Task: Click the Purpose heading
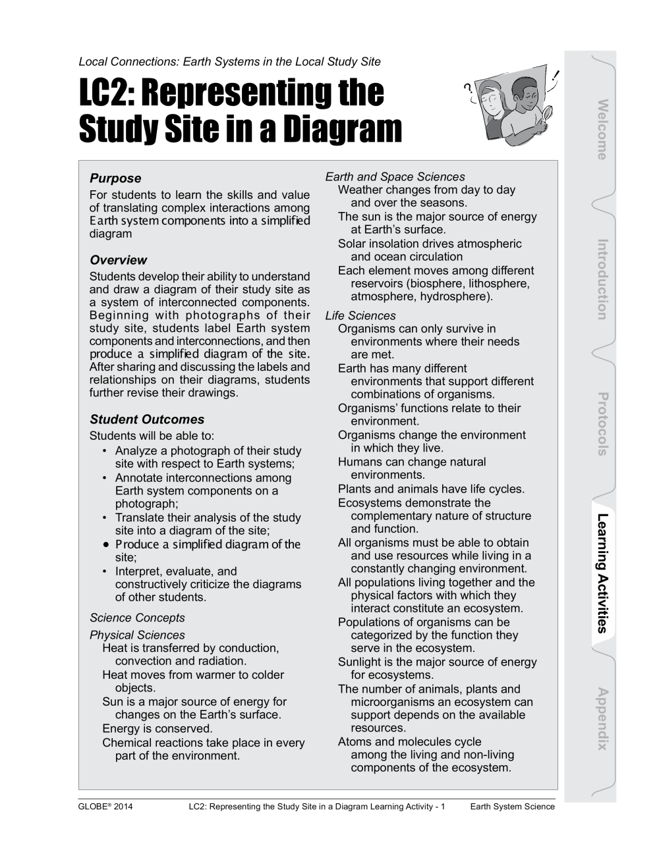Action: click(x=115, y=178)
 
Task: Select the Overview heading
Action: click(x=118, y=260)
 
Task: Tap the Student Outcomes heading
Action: click(x=147, y=419)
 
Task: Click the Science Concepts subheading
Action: click(x=137, y=618)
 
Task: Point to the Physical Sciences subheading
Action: click(x=137, y=635)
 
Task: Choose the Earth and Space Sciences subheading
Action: click(x=395, y=176)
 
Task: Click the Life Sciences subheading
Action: click(x=360, y=315)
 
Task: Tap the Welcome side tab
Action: click(x=601, y=130)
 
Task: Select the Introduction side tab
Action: click(x=601, y=279)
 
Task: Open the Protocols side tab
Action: click(x=601, y=424)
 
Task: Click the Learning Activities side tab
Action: click(x=601, y=572)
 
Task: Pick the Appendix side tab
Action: click(x=601, y=718)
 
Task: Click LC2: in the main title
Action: click(x=106, y=93)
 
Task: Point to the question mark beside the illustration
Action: click(x=469, y=88)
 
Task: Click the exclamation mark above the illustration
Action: click(x=558, y=76)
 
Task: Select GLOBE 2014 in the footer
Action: click(x=105, y=807)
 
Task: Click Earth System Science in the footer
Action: click(x=512, y=807)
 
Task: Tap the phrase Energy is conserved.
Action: click(x=157, y=728)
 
